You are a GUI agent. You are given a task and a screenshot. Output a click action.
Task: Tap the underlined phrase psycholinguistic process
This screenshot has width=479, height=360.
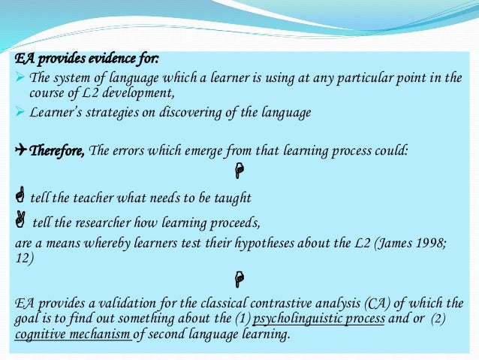click(319, 318)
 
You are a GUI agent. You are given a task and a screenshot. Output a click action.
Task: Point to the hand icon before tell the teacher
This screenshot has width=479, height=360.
click(20, 198)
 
